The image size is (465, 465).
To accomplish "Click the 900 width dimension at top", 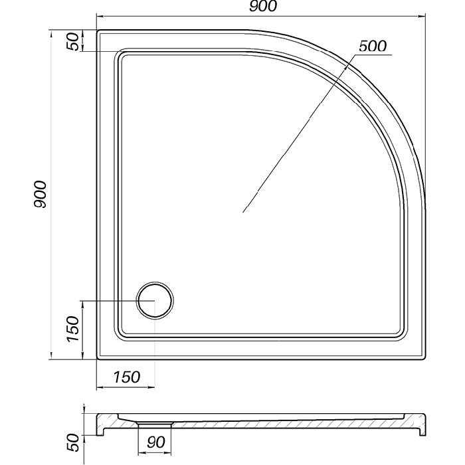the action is (x=263, y=6).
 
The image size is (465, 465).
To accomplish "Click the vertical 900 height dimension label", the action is (x=40, y=194).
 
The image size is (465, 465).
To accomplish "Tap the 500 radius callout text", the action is (x=373, y=46).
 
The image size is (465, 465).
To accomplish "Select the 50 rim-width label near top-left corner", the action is (x=73, y=41).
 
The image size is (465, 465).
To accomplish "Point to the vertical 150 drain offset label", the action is (x=73, y=329).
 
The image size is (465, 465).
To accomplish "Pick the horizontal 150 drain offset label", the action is (x=127, y=377).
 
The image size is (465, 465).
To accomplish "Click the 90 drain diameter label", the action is (x=155, y=442).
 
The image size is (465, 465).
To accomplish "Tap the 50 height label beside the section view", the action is (x=73, y=442).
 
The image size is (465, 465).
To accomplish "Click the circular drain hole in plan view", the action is (x=155, y=300).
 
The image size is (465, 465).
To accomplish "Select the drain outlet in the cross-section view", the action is (x=155, y=424).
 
